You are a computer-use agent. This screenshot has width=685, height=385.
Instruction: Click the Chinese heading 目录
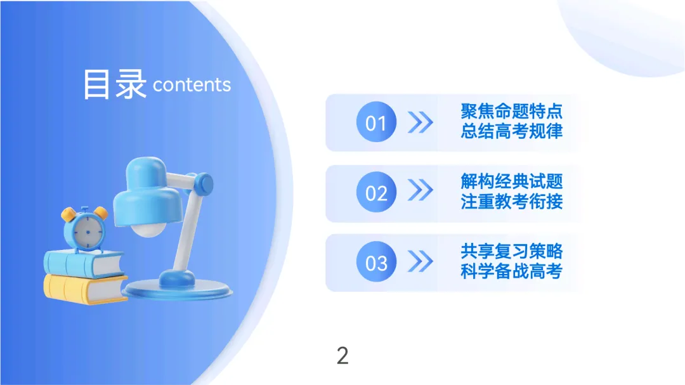115,85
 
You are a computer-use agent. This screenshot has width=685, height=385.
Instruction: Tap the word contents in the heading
192,85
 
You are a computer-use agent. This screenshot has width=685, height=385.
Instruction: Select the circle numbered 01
376,122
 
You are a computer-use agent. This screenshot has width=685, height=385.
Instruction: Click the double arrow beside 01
420,122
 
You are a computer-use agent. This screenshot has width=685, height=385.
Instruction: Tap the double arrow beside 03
420,261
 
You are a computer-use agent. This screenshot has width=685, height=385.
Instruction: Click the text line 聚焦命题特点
511,112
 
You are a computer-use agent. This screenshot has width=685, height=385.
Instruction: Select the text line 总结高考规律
511,132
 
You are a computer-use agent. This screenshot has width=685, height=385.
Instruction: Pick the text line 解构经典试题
511,181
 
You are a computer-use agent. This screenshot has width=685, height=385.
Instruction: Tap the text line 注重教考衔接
511,202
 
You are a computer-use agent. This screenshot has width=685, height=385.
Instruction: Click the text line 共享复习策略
511,251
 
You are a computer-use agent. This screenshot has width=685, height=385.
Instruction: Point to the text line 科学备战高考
511,271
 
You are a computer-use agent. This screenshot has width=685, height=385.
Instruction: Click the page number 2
342,356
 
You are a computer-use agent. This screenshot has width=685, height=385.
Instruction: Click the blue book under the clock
82,263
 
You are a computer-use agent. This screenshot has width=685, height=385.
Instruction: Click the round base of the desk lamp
178,289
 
